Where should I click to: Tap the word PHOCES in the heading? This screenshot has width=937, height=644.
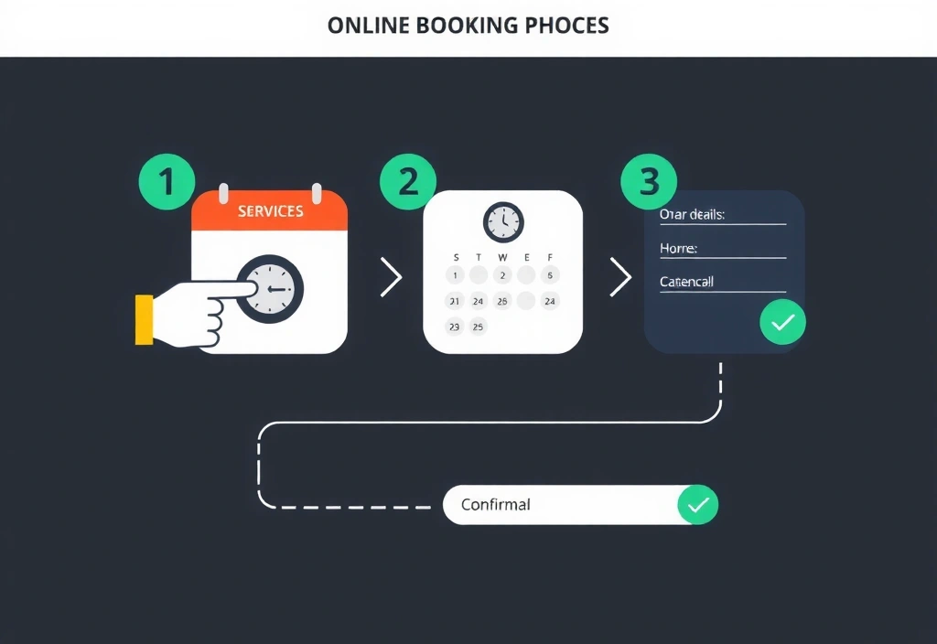(567, 25)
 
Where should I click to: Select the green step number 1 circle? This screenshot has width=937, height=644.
(166, 181)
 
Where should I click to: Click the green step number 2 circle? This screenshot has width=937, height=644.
(407, 181)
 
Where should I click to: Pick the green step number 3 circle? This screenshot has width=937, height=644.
(649, 181)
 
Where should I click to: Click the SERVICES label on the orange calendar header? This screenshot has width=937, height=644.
(270, 211)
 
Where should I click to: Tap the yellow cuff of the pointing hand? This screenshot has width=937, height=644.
(144, 319)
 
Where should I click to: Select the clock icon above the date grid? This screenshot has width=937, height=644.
(503, 222)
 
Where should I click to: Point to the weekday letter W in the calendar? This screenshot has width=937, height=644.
(502, 257)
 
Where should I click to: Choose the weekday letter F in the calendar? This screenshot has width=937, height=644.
(550, 257)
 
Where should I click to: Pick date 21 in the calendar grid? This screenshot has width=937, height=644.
(455, 300)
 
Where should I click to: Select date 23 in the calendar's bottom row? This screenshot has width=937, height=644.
(455, 326)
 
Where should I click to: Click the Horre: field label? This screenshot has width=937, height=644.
(678, 248)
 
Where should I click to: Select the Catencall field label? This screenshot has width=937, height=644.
(686, 282)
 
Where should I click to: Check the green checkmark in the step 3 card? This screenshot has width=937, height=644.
(782, 322)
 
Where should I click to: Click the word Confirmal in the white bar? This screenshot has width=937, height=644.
(496, 505)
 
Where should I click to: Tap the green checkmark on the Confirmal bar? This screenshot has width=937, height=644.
(697, 505)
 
